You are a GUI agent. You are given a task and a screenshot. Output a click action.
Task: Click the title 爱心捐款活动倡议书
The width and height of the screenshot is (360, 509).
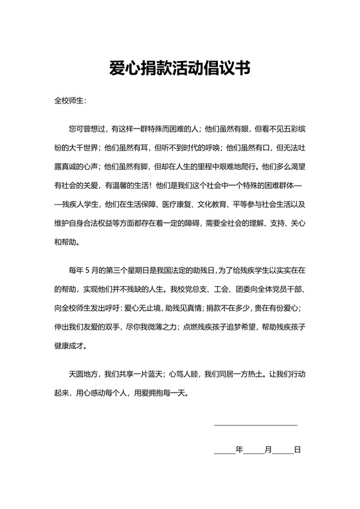click(x=179, y=67)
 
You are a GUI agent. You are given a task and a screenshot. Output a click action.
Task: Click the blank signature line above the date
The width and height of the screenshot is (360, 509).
click(x=255, y=425)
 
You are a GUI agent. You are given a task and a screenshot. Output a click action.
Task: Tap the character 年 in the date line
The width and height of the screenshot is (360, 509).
click(x=239, y=450)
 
